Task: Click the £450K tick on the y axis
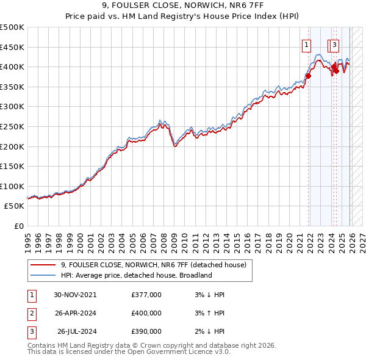[x=12, y=47]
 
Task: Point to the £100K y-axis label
[x=12, y=186]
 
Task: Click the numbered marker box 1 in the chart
[x=305, y=44]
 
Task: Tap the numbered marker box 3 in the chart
[x=335, y=44]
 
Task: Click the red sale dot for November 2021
[x=308, y=76]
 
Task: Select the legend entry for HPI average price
[x=136, y=275]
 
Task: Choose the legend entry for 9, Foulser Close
[x=153, y=265]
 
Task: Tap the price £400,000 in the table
[x=146, y=313]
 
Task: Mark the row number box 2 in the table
[x=31, y=313]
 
